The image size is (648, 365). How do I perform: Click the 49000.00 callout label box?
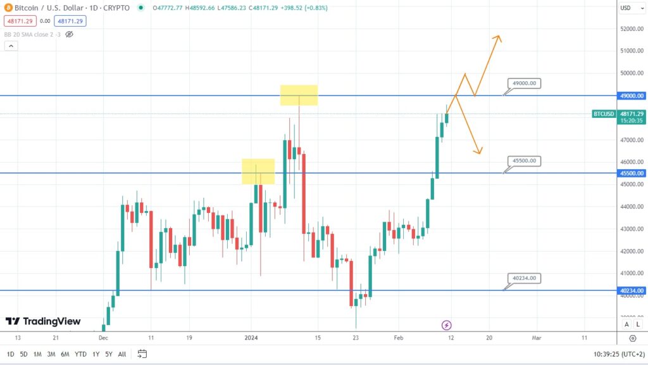(x=525, y=83)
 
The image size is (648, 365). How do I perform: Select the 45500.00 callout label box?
(x=525, y=161)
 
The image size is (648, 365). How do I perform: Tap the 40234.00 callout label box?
(x=525, y=278)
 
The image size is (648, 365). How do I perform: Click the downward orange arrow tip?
(x=480, y=153)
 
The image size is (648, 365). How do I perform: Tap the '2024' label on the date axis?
(x=251, y=338)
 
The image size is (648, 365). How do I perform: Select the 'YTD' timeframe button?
(x=80, y=354)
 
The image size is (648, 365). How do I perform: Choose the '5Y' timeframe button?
(x=108, y=354)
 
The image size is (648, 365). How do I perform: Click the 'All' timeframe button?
(x=122, y=354)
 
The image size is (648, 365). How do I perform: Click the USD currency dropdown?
(x=628, y=8)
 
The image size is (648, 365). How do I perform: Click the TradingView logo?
(x=43, y=321)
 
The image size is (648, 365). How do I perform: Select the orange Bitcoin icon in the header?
(x=8, y=8)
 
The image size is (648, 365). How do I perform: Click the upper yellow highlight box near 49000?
(x=299, y=95)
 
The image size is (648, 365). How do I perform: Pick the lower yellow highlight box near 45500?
(x=258, y=171)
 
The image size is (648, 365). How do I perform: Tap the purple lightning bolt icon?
(x=447, y=325)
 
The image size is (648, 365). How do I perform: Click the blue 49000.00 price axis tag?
(x=632, y=96)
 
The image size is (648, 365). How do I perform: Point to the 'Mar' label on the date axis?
(x=537, y=338)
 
